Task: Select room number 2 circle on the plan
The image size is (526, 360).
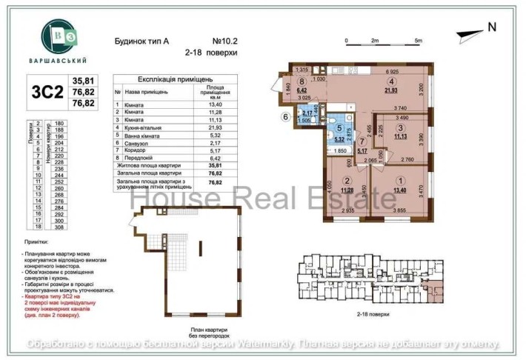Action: point(345,179)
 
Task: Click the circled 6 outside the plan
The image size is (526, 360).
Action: point(284,116)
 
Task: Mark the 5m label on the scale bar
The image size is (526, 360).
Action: point(419,40)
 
